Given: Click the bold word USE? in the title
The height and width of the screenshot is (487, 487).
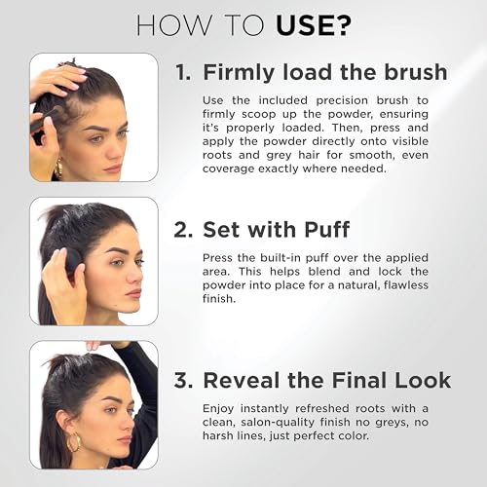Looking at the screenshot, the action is (314, 25).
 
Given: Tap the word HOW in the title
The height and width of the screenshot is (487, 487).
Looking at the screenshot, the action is (173, 25).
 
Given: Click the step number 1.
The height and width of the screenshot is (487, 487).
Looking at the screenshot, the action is (183, 72).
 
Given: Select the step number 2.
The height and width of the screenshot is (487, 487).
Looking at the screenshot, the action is (183, 230).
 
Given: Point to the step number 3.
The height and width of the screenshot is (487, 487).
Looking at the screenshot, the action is (183, 380).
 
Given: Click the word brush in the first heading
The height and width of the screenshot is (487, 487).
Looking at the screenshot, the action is (416, 72).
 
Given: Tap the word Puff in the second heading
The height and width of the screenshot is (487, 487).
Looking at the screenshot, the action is (326, 229).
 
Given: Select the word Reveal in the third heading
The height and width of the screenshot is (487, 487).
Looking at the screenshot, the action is (242, 380).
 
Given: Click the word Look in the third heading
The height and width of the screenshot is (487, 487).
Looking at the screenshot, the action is (423, 380).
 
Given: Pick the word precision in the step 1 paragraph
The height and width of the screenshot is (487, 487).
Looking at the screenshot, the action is (342, 100).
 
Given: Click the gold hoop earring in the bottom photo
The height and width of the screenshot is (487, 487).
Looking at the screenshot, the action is (74, 443).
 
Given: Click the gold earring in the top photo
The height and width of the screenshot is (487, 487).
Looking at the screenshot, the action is (58, 168).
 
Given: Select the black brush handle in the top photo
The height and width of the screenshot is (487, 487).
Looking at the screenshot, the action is (42, 121).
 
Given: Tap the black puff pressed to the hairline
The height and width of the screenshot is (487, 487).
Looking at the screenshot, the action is (74, 262).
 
